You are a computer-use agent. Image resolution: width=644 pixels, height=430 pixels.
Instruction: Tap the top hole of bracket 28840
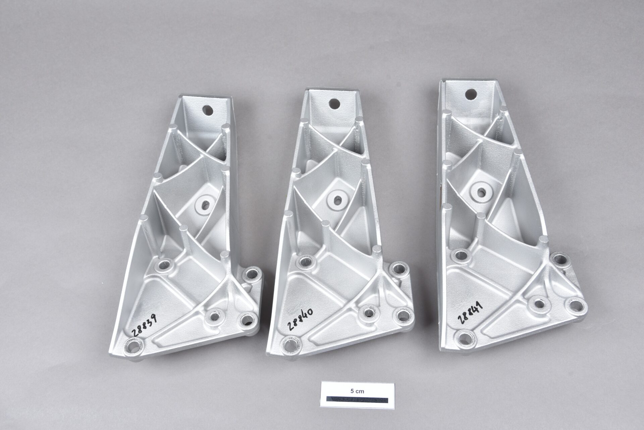coord(334,104)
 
